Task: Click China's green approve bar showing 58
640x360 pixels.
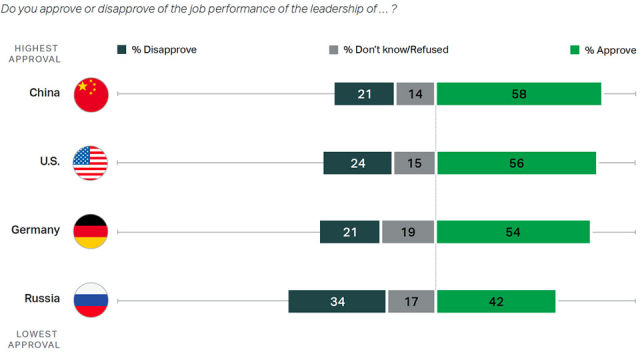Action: tap(518, 94)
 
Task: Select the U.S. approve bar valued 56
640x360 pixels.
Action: tap(516, 163)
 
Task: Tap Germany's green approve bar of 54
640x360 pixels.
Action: tap(513, 232)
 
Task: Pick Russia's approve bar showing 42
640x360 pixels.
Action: tap(496, 301)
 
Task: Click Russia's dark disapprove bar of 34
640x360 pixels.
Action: tap(337, 301)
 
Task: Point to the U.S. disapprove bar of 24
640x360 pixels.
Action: tap(356, 163)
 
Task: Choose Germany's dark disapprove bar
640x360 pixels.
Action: tap(349, 232)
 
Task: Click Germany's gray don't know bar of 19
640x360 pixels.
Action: tap(408, 232)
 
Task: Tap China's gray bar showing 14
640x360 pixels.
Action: tap(415, 94)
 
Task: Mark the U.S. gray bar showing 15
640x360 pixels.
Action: tap(414, 163)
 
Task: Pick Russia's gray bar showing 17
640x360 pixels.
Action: tap(411, 301)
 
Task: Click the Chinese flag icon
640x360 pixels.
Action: tap(91, 94)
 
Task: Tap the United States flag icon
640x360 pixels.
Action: tap(91, 163)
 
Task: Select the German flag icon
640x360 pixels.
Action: tap(91, 232)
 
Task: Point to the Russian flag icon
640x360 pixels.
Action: tap(91, 301)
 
